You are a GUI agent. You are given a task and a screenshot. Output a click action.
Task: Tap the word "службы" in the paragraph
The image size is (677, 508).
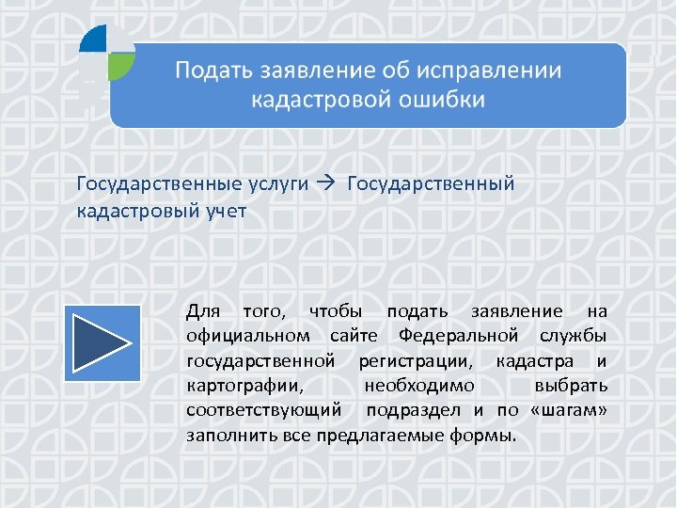pyautogui.click(x=574, y=336)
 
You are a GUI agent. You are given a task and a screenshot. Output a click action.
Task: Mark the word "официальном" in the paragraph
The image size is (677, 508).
pyautogui.click(x=248, y=336)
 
